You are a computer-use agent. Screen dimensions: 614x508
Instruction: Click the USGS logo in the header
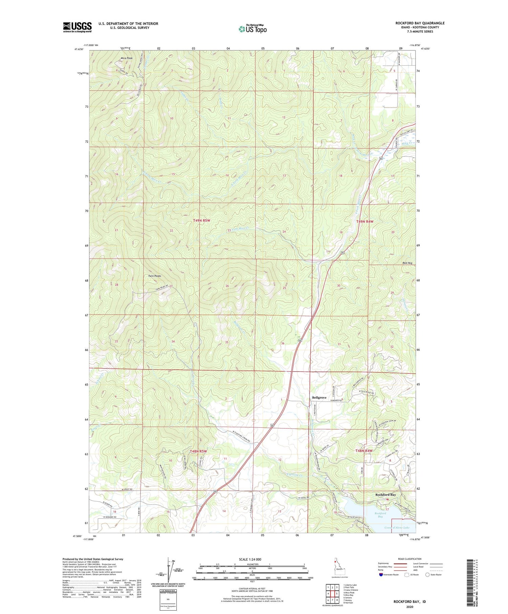(77, 27)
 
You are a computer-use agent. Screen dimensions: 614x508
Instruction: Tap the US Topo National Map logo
(252, 29)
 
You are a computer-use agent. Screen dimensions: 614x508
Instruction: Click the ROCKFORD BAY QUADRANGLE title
(415, 23)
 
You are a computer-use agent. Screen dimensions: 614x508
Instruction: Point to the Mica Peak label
(127, 58)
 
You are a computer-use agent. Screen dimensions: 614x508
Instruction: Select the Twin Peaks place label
(154, 276)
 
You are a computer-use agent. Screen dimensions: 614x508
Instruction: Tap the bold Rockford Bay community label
(385, 495)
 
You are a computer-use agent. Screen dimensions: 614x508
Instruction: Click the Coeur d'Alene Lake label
(397, 528)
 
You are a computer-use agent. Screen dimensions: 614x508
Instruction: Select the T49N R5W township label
(202, 220)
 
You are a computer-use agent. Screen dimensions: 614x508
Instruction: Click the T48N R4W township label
(364, 451)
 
